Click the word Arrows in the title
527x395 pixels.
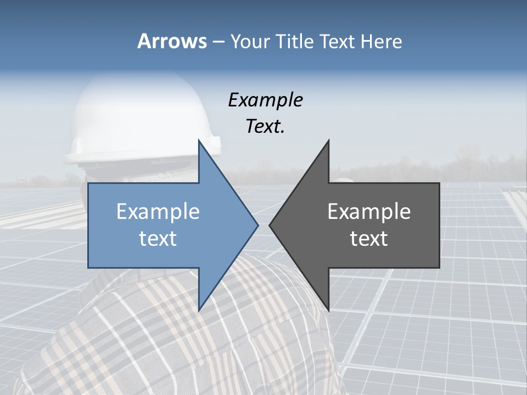[x=171, y=41]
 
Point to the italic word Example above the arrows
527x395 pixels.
[x=265, y=100]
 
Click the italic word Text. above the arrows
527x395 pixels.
[x=265, y=126]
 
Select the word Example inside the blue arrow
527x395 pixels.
[x=158, y=211]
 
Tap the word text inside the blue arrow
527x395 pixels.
[x=158, y=239]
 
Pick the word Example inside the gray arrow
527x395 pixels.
[x=369, y=211]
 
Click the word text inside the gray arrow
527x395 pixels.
[x=369, y=239]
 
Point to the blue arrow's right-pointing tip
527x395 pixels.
[x=257, y=225]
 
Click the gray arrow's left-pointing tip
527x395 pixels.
[x=271, y=225]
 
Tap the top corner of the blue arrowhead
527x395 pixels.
[x=199, y=141]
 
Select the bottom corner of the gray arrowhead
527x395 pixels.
[x=328, y=309]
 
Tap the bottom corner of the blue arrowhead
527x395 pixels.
[x=199, y=309]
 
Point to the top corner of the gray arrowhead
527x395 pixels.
[x=328, y=141]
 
